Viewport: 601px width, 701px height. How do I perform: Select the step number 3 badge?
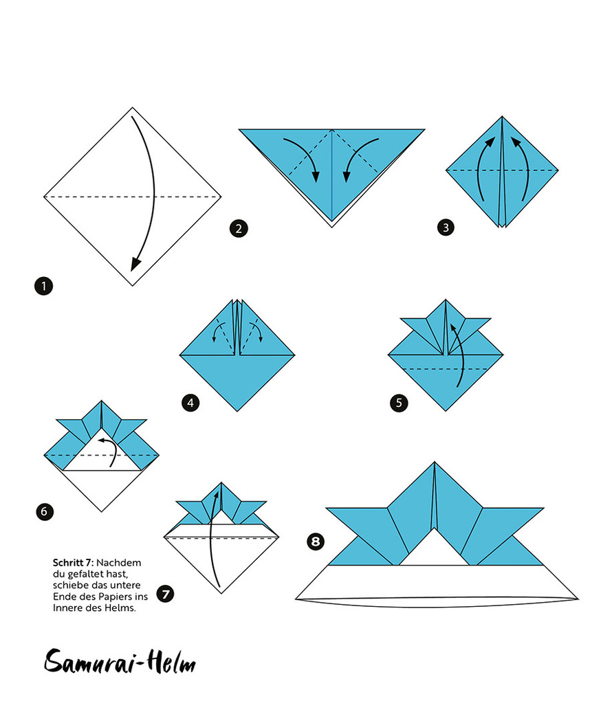tap(445, 227)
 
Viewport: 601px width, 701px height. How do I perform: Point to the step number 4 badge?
tap(191, 403)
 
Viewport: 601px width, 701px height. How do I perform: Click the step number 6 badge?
tap(43, 511)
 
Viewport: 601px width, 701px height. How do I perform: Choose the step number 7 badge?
tap(165, 593)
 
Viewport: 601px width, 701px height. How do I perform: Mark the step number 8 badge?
tap(316, 542)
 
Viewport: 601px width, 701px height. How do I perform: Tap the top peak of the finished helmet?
tap(435, 464)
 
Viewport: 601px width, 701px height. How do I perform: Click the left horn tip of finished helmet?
tap(329, 510)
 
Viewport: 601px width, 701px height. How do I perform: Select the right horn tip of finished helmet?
tap(543, 510)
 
